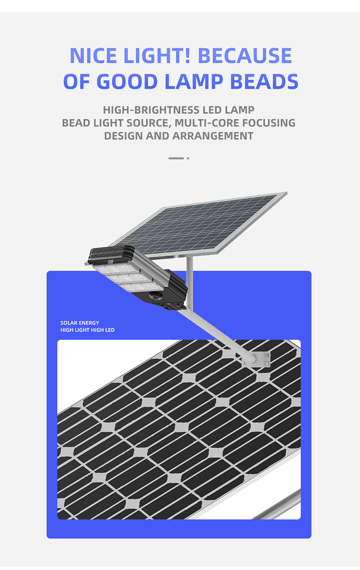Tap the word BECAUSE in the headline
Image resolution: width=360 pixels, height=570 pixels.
(x=245, y=56)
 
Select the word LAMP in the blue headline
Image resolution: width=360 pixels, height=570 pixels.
(x=195, y=81)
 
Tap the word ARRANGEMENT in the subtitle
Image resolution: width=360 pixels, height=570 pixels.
(x=213, y=136)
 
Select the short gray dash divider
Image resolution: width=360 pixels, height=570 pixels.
(x=176, y=158)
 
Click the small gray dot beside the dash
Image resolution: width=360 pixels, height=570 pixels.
(x=188, y=158)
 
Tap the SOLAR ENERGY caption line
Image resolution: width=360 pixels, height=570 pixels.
(x=80, y=323)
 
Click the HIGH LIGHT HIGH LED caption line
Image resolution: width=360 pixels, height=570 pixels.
(x=87, y=330)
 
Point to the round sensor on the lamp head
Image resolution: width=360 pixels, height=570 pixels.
(x=152, y=296)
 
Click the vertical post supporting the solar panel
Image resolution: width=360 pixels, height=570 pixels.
(x=190, y=280)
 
